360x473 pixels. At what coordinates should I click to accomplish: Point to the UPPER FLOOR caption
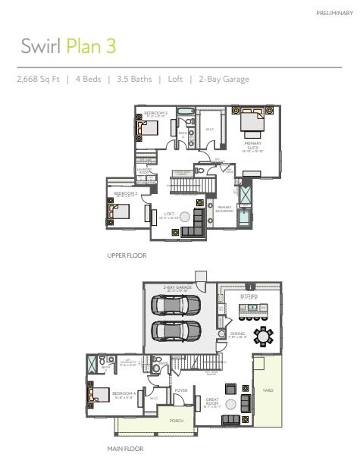click(127, 255)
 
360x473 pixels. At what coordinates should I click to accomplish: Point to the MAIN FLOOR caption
click(125, 448)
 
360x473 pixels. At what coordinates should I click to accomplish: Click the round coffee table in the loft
click(184, 217)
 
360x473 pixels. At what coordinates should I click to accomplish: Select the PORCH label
click(176, 420)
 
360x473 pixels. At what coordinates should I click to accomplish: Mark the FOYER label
click(181, 391)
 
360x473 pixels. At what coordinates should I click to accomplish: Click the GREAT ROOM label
click(212, 402)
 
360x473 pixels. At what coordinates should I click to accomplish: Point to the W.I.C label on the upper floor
click(210, 129)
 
